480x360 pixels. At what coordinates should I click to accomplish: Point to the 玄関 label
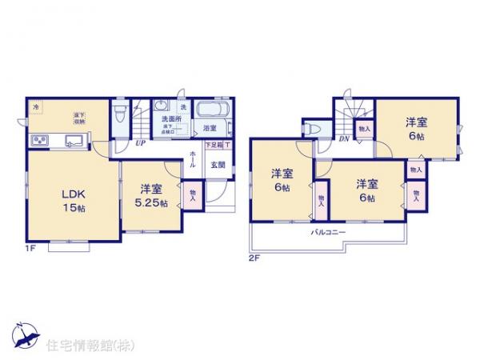(217, 166)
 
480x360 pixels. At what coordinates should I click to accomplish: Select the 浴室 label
(210, 128)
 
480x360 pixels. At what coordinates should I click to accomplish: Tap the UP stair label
(140, 144)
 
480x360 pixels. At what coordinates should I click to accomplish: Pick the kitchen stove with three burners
(40, 142)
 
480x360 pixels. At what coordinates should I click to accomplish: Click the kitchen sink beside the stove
(76, 142)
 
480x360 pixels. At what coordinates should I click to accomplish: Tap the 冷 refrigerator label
(35, 106)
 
